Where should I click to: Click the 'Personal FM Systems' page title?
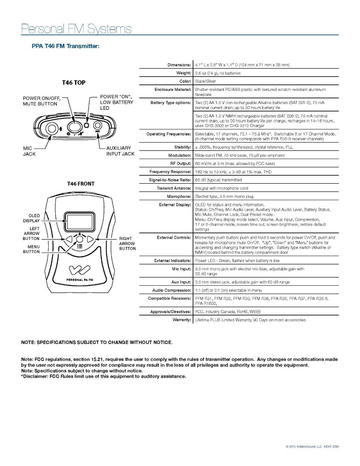click(x=76, y=29)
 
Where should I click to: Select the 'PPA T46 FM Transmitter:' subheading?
click(x=66, y=46)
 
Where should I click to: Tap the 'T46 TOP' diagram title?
click(x=74, y=82)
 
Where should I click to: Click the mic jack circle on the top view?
click(x=52, y=128)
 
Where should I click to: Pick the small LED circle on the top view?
click(x=87, y=125)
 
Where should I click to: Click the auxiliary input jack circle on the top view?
click(x=98, y=126)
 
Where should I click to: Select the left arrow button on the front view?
click(x=69, y=239)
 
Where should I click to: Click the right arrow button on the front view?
click(x=90, y=239)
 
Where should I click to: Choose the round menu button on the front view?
click(x=80, y=239)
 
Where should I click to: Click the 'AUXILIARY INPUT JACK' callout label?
click(x=121, y=151)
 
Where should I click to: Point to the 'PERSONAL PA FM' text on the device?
click(x=80, y=280)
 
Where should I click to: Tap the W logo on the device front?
click(x=80, y=270)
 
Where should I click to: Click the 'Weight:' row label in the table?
click(x=183, y=73)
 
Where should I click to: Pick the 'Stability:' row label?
click(x=182, y=147)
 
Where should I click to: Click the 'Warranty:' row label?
click(x=182, y=320)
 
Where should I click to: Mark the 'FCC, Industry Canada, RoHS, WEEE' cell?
click(x=228, y=312)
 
